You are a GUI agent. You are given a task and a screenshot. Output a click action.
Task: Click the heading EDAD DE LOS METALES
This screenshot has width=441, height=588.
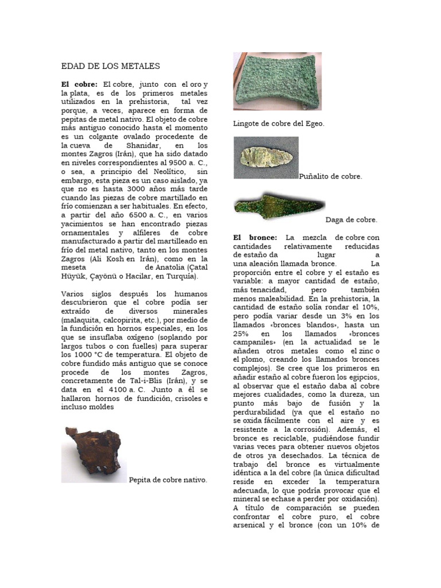pyautogui.click(x=110, y=67)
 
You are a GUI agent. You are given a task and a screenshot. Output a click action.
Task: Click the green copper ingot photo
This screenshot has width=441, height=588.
pyautogui.click(x=277, y=81)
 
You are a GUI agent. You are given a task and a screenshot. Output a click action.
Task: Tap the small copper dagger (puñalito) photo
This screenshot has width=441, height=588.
pyautogui.click(x=266, y=157)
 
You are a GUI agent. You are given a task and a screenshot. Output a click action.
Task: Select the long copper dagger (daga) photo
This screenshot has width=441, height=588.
pyautogui.click(x=279, y=204)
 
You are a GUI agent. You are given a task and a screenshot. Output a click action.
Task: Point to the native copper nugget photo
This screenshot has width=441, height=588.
pyautogui.click(x=94, y=454)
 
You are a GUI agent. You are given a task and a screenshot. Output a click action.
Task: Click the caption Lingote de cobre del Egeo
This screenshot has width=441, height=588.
pyautogui.click(x=278, y=123)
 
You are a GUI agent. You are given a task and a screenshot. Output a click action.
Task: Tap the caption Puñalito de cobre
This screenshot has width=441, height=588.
pyautogui.click(x=331, y=177)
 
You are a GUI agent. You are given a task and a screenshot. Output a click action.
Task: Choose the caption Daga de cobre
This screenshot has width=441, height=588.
pyautogui.click(x=351, y=219)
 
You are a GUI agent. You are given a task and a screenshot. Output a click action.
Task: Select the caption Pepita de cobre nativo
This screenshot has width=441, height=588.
pyautogui.click(x=168, y=479)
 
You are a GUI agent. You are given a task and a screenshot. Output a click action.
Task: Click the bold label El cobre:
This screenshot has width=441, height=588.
pyautogui.click(x=79, y=85)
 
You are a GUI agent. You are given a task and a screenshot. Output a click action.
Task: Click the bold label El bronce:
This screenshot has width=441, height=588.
pyautogui.click(x=255, y=237)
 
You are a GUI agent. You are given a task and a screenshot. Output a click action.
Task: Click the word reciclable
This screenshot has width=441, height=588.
pyautogui.click(x=277, y=438)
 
